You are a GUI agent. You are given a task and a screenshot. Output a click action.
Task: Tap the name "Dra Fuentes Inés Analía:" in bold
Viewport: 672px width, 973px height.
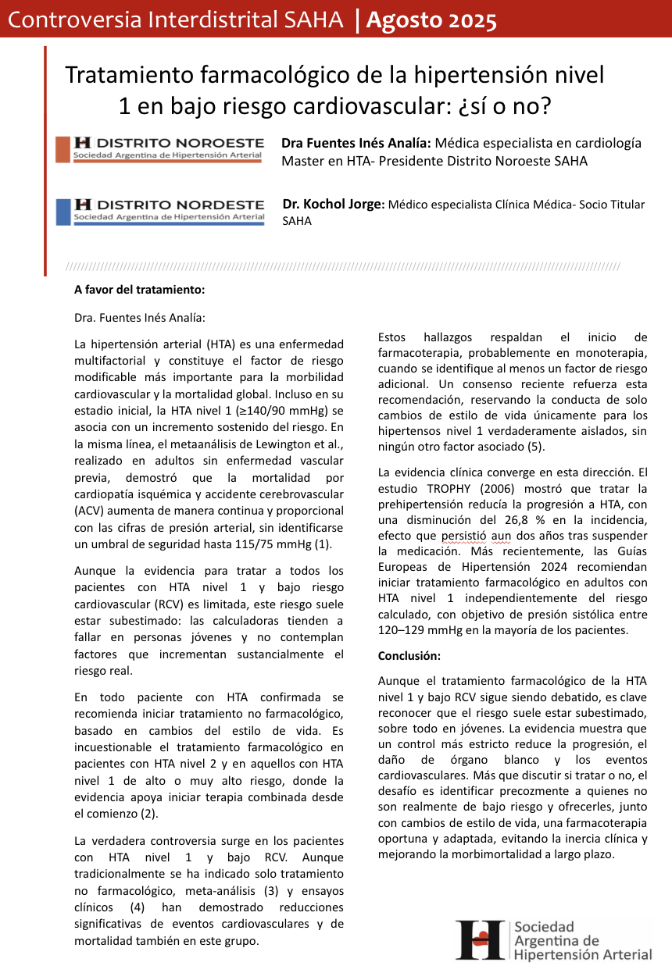(356, 143)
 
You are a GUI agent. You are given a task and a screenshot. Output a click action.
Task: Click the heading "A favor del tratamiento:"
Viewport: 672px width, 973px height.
(139, 289)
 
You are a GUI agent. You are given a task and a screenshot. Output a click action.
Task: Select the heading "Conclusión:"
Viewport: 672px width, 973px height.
(409, 655)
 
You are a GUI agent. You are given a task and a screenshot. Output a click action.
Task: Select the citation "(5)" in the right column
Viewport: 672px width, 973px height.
(534, 447)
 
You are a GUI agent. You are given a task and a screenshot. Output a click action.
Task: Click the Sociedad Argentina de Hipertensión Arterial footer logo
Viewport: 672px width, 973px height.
(555, 940)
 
